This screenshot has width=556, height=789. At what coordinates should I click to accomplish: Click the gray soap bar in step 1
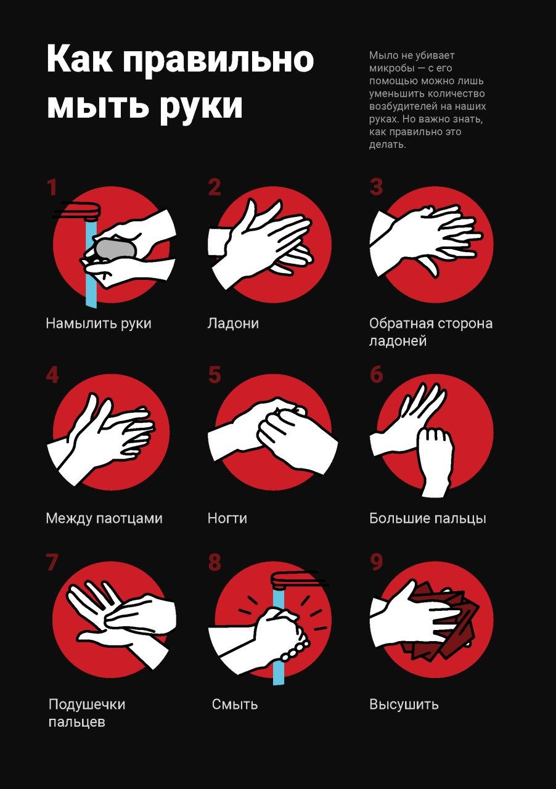click(x=115, y=250)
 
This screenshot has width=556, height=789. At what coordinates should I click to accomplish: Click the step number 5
click(x=215, y=375)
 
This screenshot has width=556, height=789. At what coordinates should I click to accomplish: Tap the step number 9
click(x=376, y=563)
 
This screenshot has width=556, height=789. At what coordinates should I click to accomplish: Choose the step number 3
click(x=376, y=187)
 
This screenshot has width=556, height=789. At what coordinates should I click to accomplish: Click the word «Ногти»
click(x=227, y=518)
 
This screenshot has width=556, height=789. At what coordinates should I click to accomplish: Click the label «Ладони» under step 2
click(x=233, y=324)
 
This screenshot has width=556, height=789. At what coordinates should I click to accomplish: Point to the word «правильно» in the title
click(x=218, y=60)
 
